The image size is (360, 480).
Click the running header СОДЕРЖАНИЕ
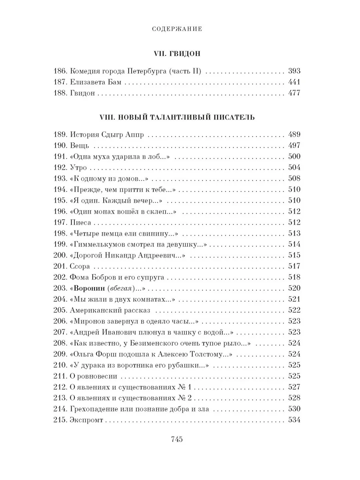(x=180, y=29)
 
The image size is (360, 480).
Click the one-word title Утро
(x=78, y=168)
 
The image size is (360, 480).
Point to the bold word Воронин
(x=89, y=288)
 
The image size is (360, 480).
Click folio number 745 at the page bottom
(x=177, y=439)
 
